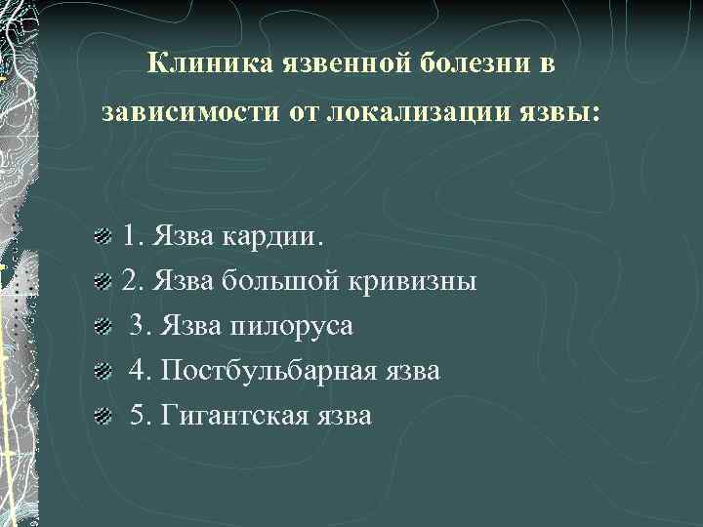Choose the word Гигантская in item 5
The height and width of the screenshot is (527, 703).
231,416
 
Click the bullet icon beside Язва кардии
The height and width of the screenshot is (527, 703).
101,237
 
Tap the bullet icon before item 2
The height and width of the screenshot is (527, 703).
101,283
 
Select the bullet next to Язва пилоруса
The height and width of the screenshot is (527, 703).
101,327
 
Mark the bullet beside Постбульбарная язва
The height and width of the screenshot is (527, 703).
101,372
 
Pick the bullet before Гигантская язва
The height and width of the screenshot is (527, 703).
101,417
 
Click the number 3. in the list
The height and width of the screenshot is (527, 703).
140,326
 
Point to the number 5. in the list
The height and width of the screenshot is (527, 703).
140,416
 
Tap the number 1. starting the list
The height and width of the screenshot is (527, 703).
132,237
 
